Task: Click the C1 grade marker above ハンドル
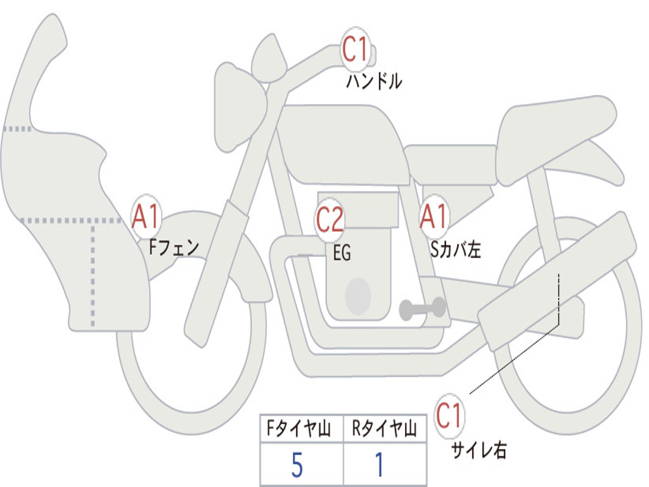[x=356, y=49]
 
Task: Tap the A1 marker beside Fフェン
[x=147, y=217]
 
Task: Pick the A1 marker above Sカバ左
[x=434, y=217]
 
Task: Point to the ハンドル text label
[x=374, y=81]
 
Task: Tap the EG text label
[x=342, y=253]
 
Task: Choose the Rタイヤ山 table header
[x=384, y=429]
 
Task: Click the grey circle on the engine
[x=357, y=295]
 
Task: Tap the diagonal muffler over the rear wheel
[x=558, y=280]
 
